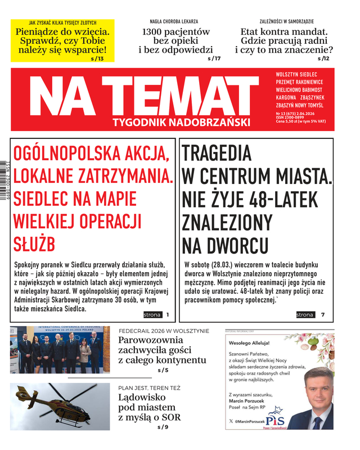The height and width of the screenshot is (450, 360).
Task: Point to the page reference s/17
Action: coord(214,58)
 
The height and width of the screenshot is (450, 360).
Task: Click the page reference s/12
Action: coord(323,58)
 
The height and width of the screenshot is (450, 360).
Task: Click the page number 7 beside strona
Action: coord(323,315)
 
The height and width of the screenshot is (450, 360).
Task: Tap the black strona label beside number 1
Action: coord(152,315)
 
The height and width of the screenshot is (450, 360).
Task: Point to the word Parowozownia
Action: coord(151,340)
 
